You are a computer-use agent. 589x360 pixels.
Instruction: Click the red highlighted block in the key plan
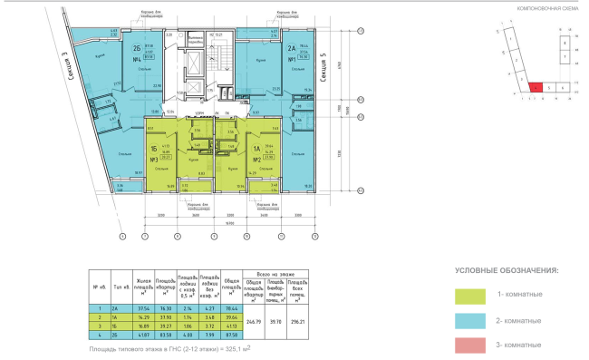(x=536, y=87)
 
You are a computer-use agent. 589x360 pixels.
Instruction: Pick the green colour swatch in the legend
(x=470, y=296)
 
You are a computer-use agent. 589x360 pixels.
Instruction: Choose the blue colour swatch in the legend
(x=470, y=321)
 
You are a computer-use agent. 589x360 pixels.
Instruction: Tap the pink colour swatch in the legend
(x=470, y=346)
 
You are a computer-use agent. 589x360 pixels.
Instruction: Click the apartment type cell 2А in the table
(x=117, y=308)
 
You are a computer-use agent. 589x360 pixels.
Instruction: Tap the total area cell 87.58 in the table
(x=229, y=340)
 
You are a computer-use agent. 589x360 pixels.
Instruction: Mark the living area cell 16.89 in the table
(x=142, y=329)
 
